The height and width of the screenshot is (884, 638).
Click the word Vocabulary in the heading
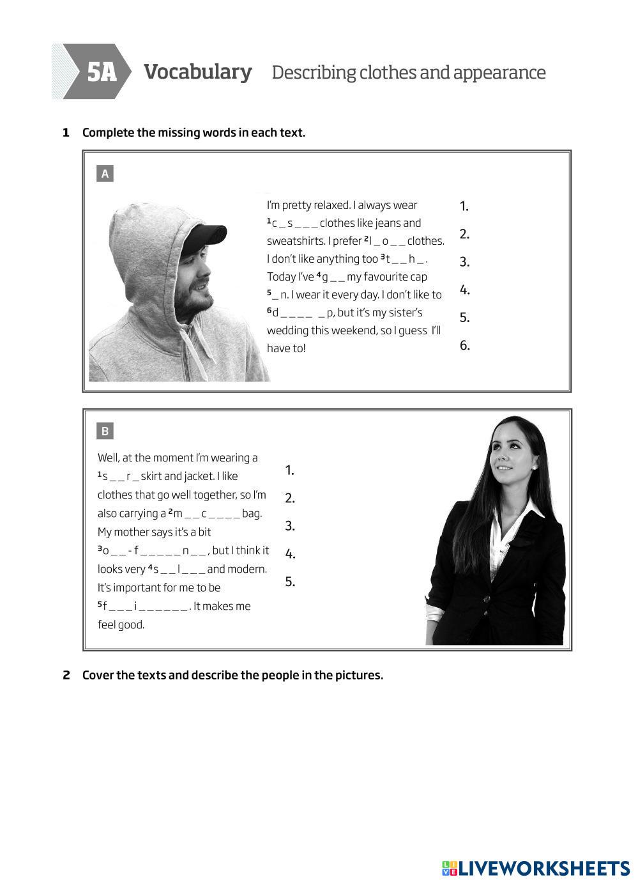(x=197, y=72)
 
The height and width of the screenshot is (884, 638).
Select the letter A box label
(x=105, y=173)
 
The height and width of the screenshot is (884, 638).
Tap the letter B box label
(x=105, y=431)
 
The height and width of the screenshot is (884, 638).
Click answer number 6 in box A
(x=464, y=345)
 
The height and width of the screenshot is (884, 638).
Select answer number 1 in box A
(x=464, y=206)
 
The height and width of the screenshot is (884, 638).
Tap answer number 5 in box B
(x=290, y=582)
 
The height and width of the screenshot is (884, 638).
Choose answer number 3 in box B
(x=290, y=525)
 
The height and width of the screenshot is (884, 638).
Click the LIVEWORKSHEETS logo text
(x=543, y=868)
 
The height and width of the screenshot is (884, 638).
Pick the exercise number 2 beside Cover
(x=66, y=675)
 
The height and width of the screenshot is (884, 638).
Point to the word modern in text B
(x=248, y=569)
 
